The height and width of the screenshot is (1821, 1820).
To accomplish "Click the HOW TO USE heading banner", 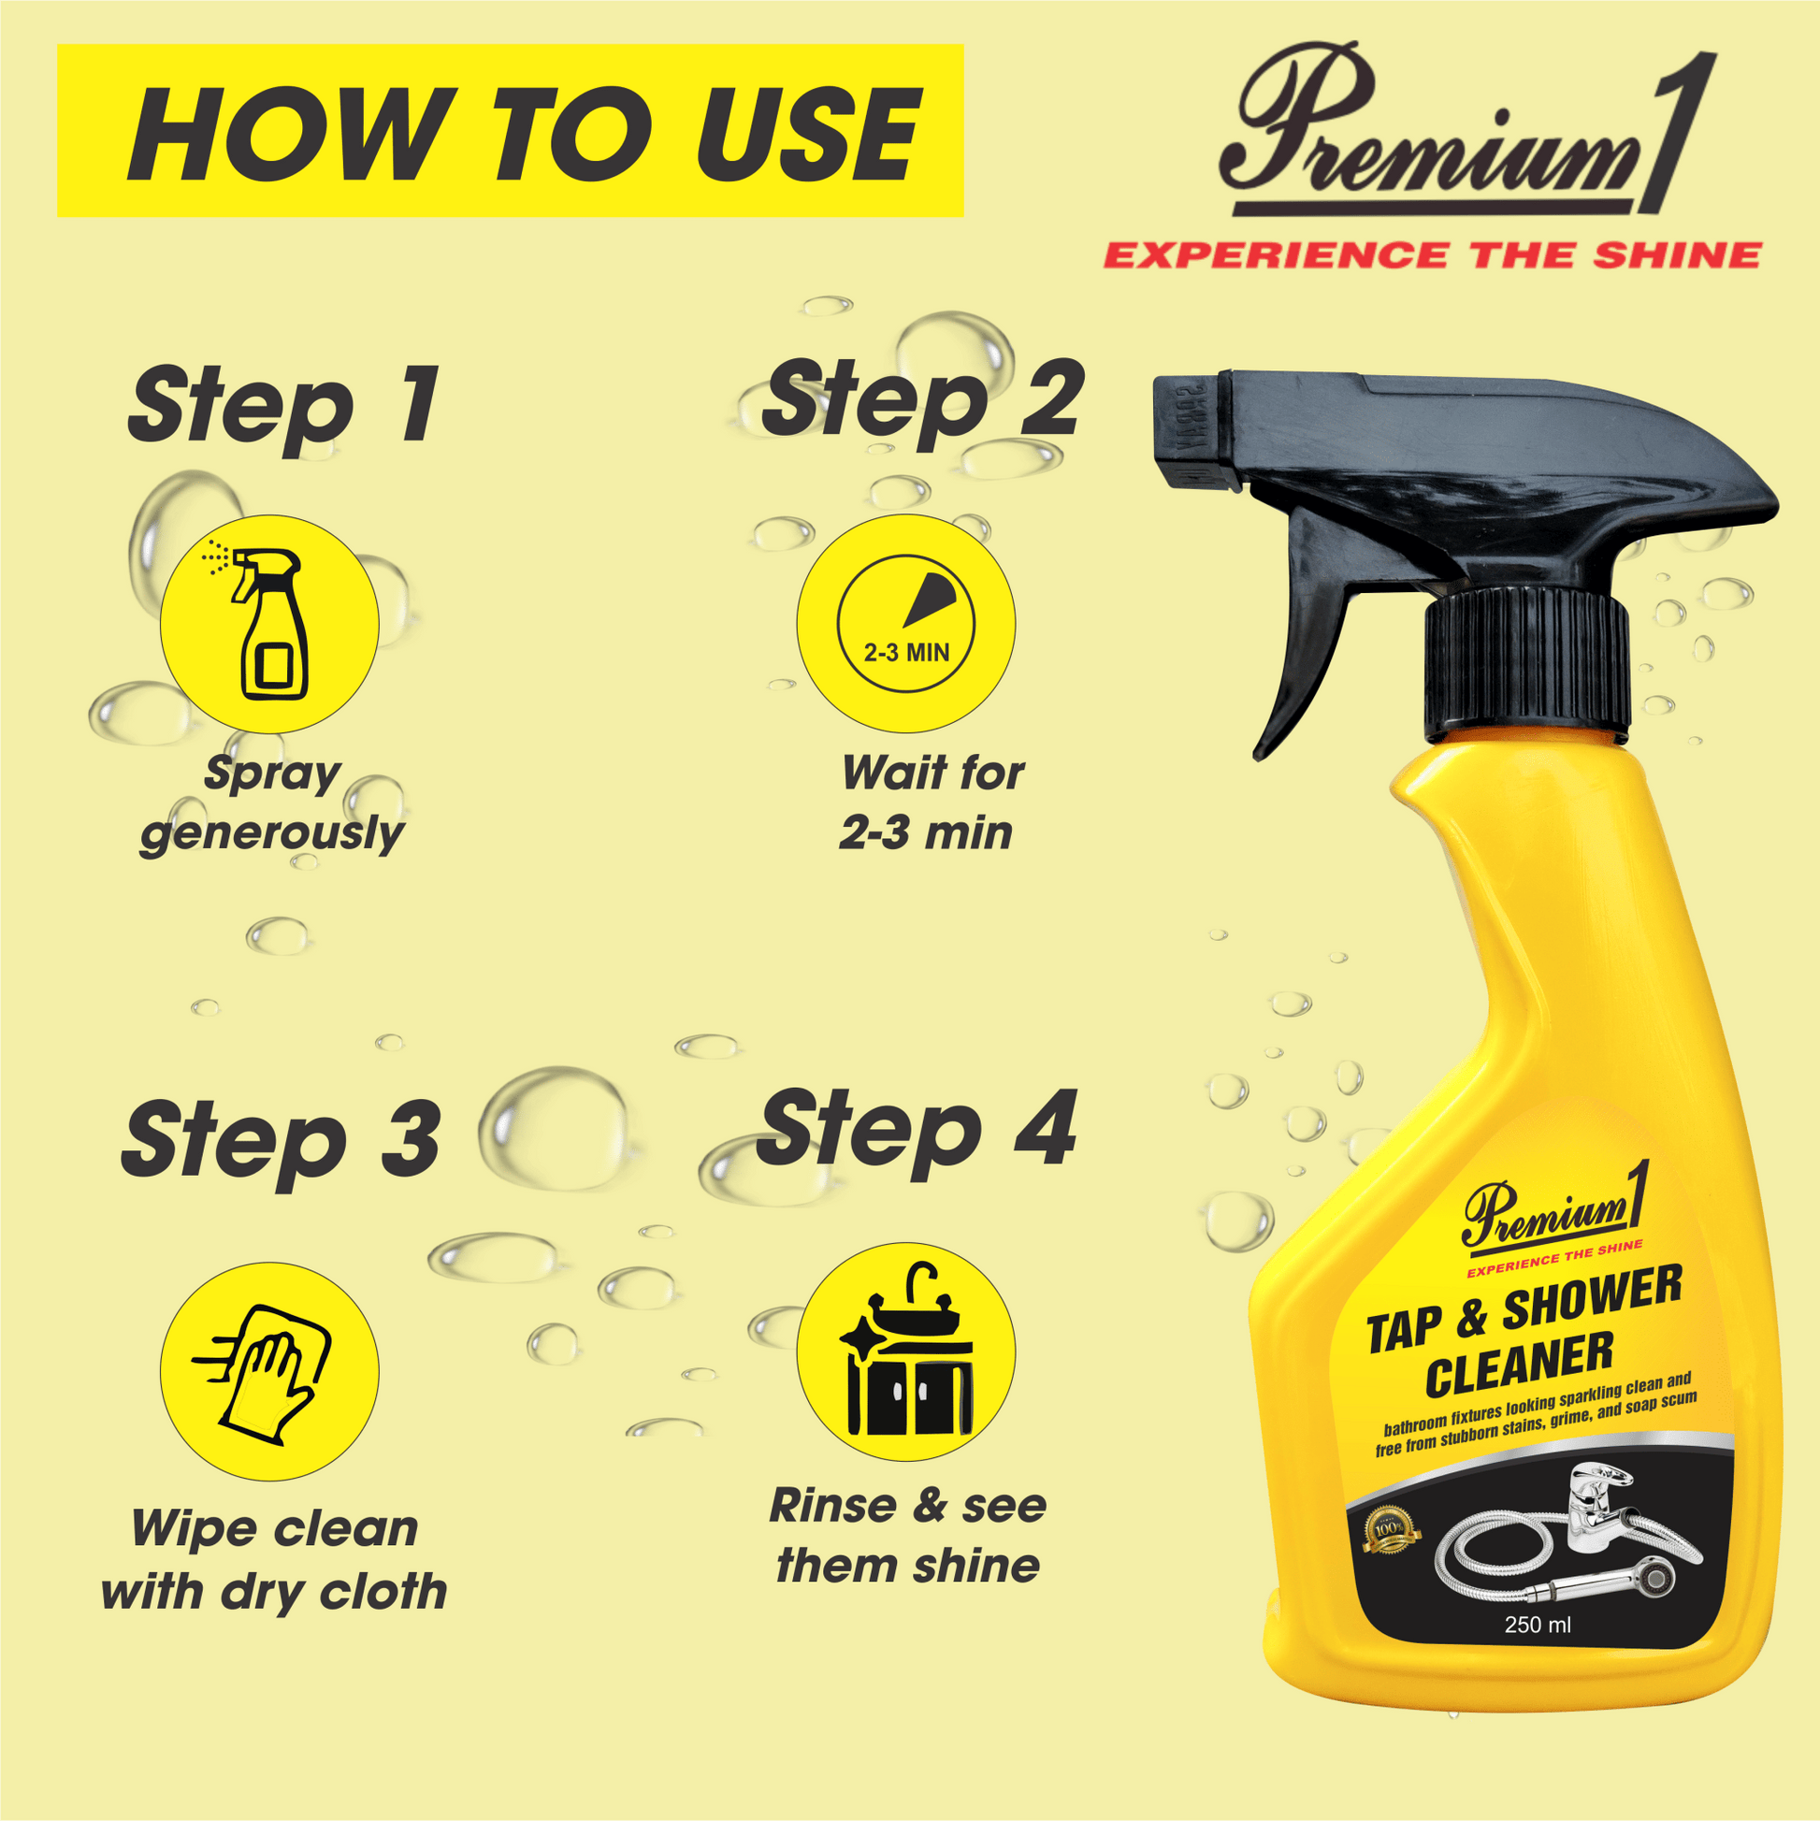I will tap(510, 130).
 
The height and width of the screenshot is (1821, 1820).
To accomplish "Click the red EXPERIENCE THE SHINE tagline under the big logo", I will tap(1432, 255).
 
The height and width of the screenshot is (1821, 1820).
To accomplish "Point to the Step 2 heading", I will tap(923, 399).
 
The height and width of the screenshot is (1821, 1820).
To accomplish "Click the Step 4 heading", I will tap(916, 1129).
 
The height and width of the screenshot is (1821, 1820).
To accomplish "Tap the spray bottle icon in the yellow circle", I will tap(269, 624).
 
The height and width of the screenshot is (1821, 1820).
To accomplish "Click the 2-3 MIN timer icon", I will tap(905, 624).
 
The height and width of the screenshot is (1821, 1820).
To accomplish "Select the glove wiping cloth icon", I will tap(269, 1371).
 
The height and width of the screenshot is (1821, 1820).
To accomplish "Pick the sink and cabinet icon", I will tap(905, 1352).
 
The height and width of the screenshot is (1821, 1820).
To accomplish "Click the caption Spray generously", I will tap(271, 803).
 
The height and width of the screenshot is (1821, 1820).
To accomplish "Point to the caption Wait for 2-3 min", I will tap(929, 803).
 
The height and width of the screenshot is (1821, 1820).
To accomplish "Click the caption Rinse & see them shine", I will tap(907, 1537).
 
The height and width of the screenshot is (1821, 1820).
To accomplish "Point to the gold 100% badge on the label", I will tap(1391, 1528).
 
